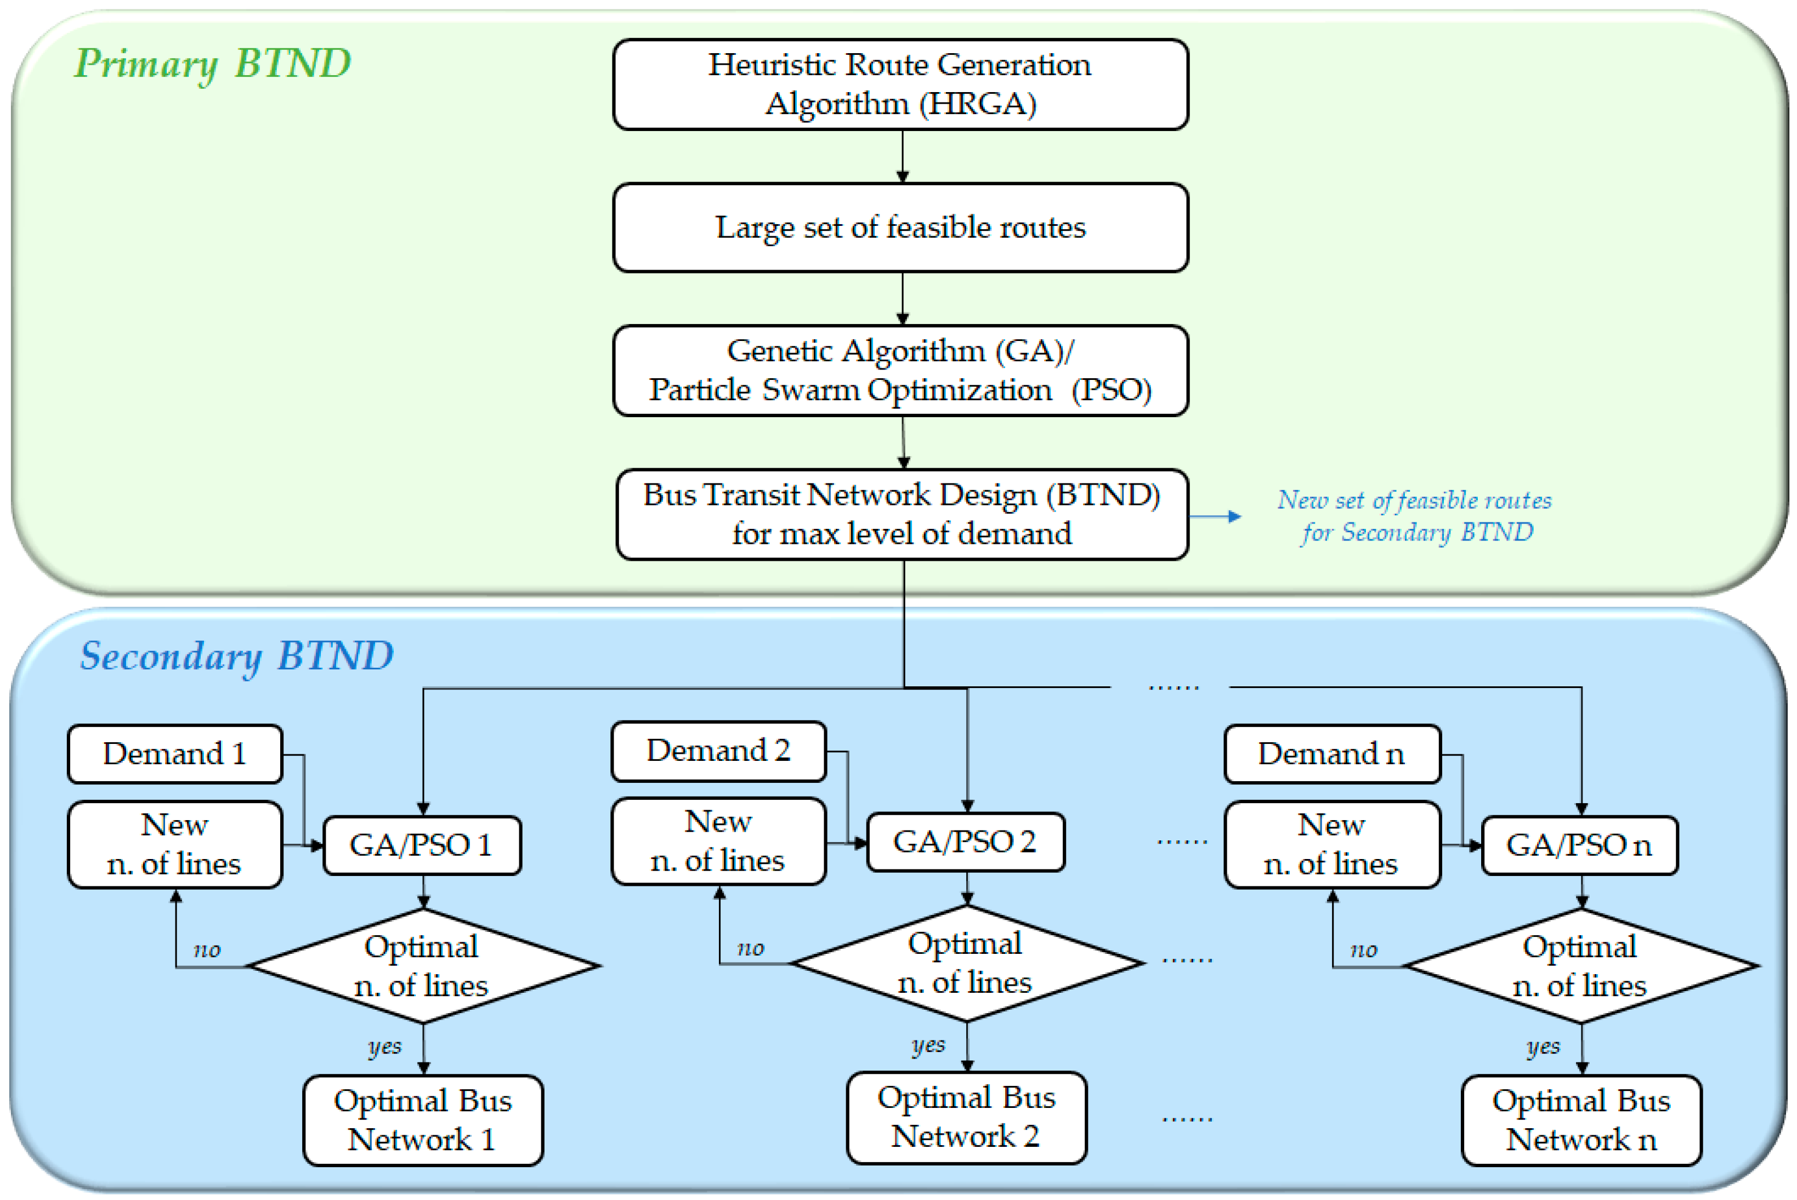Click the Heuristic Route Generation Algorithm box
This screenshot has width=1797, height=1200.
pos(900,84)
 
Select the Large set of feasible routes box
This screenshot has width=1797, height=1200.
pos(900,228)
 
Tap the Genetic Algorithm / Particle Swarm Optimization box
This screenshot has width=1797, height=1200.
pos(900,371)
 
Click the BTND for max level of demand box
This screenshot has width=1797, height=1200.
pos(902,514)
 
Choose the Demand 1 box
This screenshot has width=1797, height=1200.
pos(174,754)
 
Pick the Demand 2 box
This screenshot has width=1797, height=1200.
pos(718,751)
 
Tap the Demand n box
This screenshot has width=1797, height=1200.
pos(1331,754)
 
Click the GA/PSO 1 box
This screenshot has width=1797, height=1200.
pos(422,845)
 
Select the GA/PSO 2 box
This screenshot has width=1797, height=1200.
pos(965,842)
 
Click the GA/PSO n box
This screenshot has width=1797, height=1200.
pos(1579,845)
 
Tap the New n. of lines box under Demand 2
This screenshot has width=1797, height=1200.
pos(718,841)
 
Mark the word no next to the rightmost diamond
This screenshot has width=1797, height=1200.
pos(1363,949)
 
